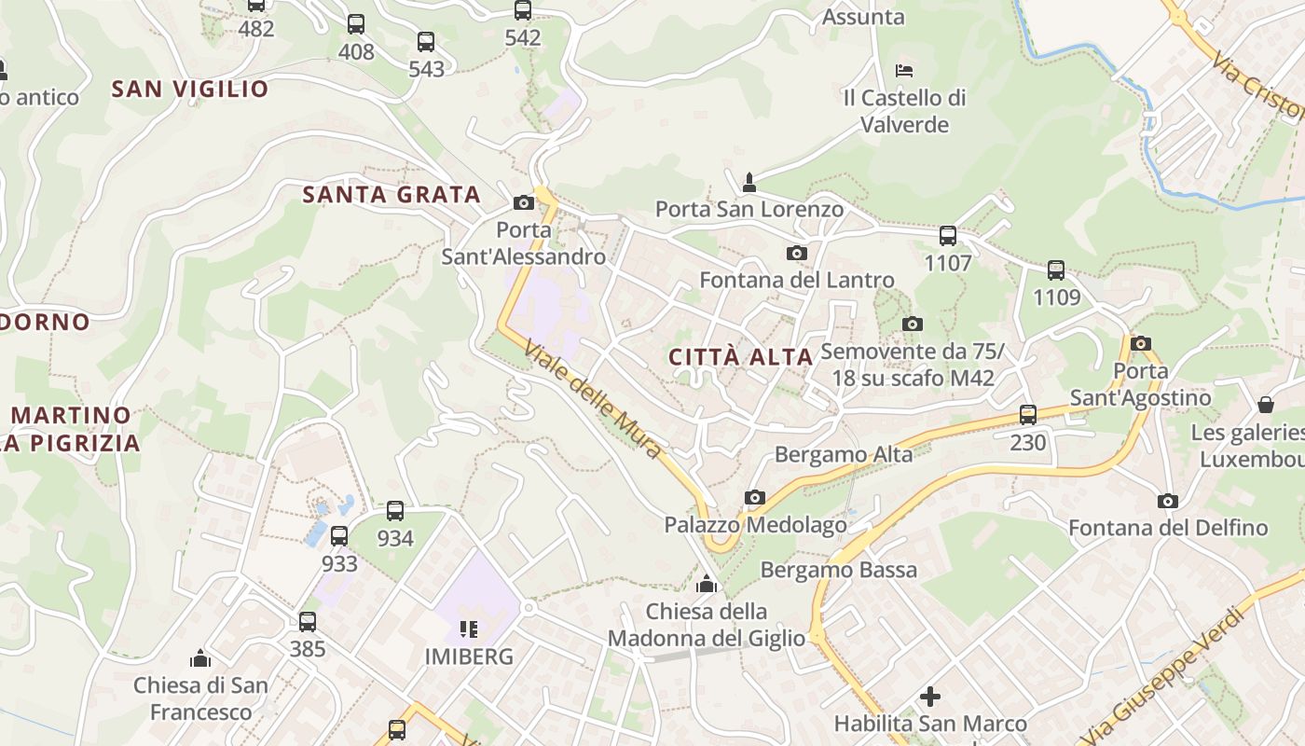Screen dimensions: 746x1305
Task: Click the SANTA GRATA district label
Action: coord(391,195)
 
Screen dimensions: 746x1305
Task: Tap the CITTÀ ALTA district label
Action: coord(741,357)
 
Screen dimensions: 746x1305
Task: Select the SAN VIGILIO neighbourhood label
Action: coord(190,90)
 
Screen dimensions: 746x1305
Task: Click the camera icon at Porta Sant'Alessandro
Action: coord(524,202)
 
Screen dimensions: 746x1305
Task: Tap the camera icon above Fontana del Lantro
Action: coord(796,253)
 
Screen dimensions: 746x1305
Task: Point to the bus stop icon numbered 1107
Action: coord(948,236)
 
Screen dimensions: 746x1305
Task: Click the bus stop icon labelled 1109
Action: coord(1056,270)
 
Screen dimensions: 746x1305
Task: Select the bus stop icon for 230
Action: coord(1028,415)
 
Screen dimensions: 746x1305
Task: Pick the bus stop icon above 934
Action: coord(395,511)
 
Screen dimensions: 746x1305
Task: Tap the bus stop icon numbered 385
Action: coord(308,621)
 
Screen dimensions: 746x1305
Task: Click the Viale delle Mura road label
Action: coord(593,400)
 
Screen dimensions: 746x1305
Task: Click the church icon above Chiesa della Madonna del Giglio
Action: coord(707,585)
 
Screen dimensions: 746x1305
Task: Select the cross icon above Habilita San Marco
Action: coord(930,697)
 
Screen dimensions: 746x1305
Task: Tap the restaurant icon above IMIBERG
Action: coord(469,629)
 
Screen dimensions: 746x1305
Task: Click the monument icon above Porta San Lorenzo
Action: coord(749,181)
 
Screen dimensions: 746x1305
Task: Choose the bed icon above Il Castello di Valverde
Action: coord(904,70)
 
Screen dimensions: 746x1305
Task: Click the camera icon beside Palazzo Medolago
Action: coord(755,497)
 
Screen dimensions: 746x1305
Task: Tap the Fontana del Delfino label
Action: coord(1168,528)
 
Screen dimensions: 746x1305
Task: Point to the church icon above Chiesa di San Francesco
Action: coord(200,658)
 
